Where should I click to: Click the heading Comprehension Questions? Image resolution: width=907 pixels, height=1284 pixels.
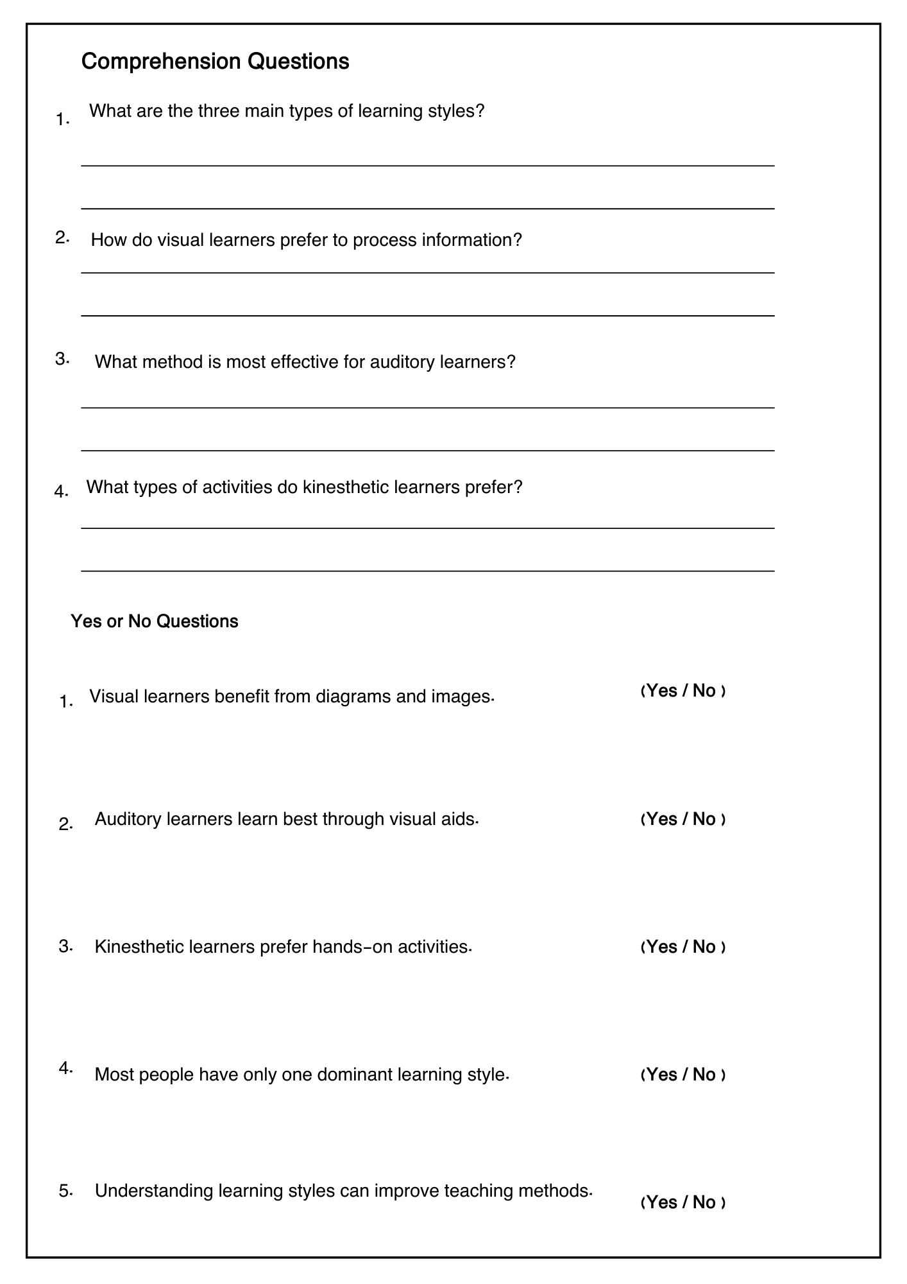click(216, 62)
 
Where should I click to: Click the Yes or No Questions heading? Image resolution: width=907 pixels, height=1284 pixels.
click(155, 621)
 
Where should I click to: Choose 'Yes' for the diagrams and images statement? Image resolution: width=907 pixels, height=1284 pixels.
click(662, 691)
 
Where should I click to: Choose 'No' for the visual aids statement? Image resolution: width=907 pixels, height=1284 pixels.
click(704, 819)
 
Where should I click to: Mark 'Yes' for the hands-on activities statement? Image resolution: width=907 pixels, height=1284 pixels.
click(662, 947)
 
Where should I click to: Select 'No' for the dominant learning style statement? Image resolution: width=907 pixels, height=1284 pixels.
click(704, 1075)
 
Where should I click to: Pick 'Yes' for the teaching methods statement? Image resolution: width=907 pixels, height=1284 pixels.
click(662, 1202)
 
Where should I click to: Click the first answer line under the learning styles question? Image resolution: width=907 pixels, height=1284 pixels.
click(427, 166)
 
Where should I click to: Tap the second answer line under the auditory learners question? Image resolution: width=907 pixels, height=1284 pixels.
click(427, 451)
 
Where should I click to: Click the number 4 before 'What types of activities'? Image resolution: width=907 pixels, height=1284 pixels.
click(60, 492)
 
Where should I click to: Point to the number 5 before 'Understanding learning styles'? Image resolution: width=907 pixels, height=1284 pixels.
click(64, 1191)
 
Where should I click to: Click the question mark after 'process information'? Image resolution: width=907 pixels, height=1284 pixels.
click(518, 240)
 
